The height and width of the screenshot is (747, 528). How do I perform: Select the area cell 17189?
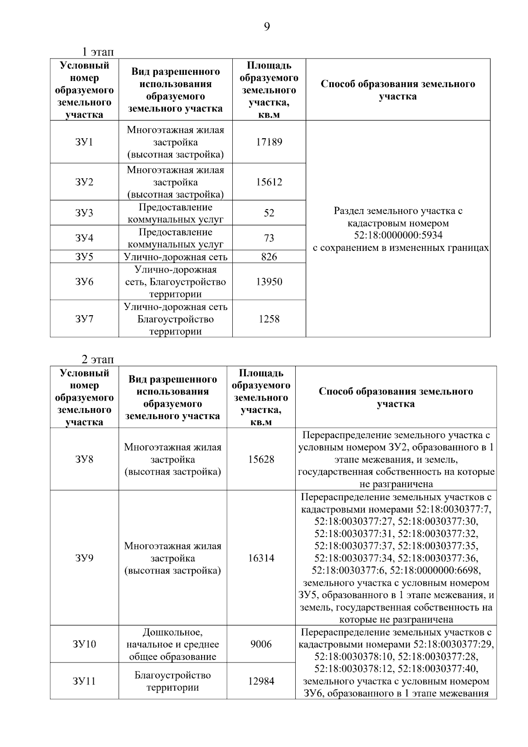point(269,142)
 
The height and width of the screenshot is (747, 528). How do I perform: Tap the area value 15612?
point(269,182)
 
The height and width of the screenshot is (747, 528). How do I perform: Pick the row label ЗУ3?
point(84,213)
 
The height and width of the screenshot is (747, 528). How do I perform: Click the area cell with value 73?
point(269,238)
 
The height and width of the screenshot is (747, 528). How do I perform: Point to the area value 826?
point(269,257)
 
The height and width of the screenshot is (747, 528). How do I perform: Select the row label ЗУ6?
point(84,282)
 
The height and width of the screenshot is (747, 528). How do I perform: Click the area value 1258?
point(269,319)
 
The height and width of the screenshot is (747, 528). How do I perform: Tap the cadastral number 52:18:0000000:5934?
point(398,236)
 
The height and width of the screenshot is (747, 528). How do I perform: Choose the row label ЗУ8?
point(84,459)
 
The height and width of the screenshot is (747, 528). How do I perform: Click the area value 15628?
point(261,459)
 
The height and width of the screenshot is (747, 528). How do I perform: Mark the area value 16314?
point(261,558)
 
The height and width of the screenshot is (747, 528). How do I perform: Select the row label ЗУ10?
point(84,644)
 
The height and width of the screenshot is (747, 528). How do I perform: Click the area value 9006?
point(261,644)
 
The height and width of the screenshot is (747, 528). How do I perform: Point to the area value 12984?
point(261,681)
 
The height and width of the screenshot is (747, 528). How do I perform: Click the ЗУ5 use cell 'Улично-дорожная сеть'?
point(176,257)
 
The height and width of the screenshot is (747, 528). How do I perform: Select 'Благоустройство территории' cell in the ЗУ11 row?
point(172,681)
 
